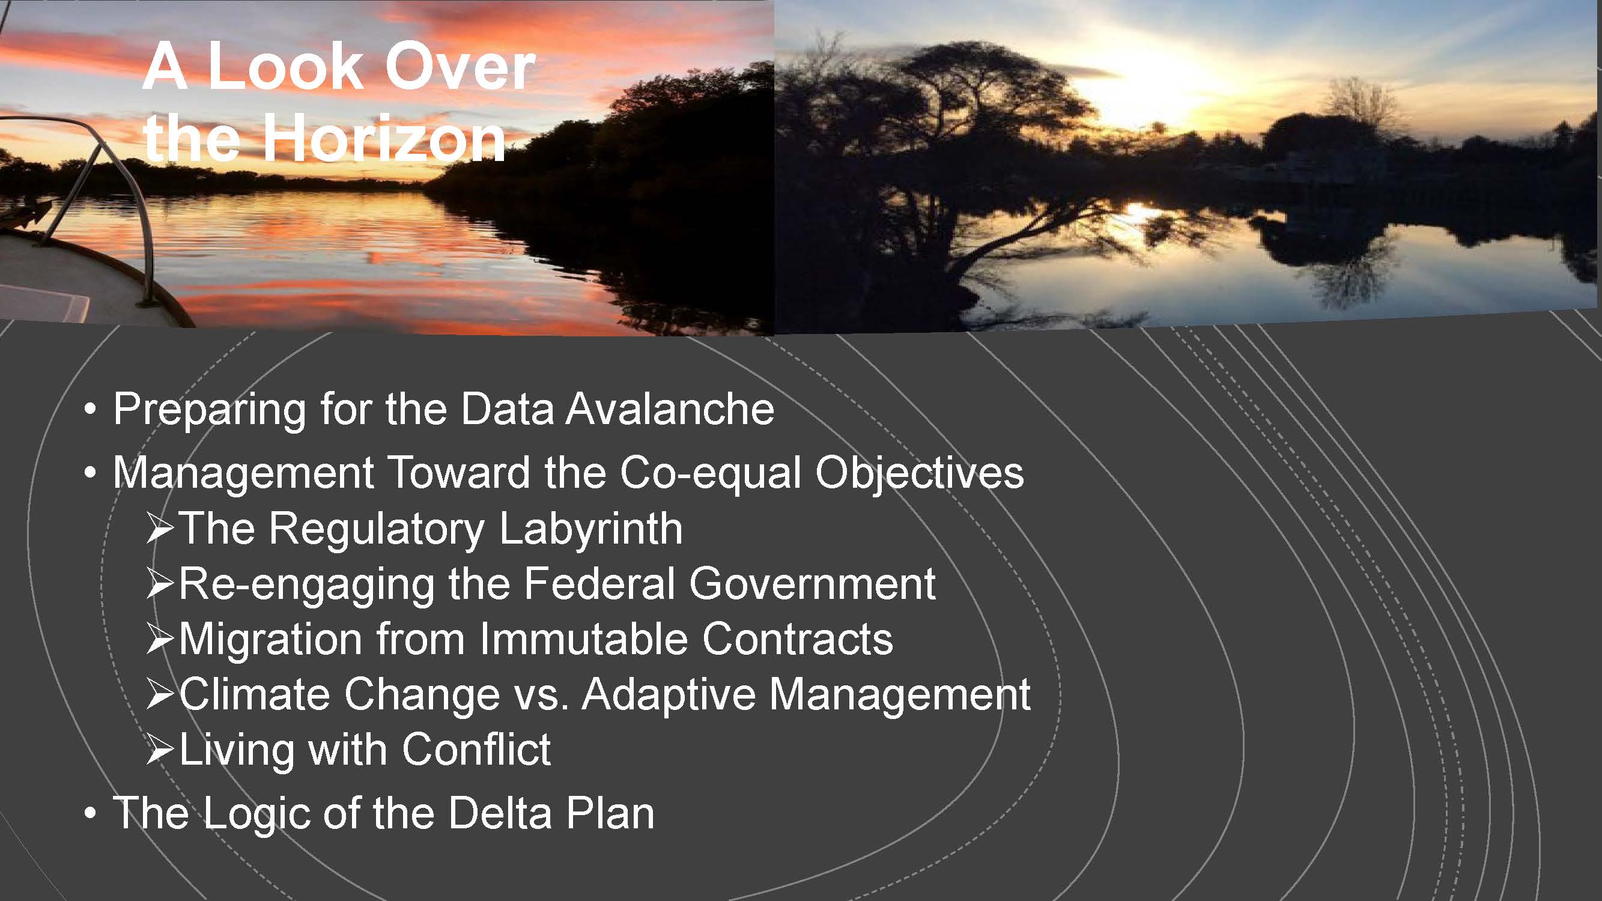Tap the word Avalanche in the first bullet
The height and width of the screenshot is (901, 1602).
670,409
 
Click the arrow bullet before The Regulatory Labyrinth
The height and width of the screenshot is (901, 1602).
160,529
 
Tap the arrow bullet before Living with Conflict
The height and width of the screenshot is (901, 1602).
160,750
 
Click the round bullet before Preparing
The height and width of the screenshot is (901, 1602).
91,410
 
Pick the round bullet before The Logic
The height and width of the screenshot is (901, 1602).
91,813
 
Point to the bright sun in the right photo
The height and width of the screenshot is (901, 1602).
1150,93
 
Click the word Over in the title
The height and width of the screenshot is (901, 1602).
460,67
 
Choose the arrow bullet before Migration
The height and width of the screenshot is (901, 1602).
160,640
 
